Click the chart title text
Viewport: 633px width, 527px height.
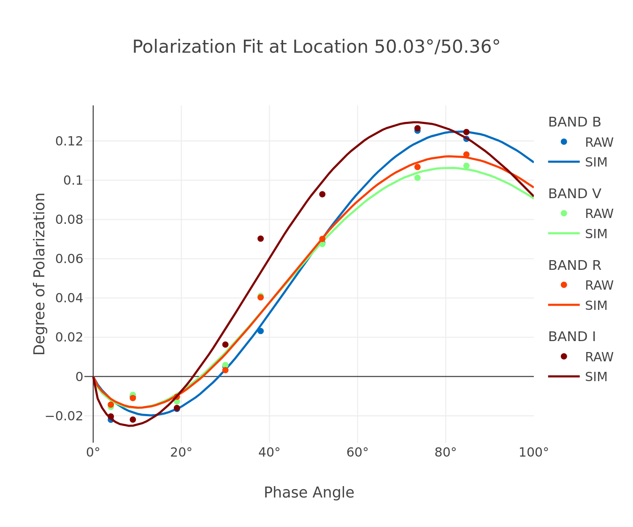316,47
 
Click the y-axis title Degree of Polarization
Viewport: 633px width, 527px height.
39,274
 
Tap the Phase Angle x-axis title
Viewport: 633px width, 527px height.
309,492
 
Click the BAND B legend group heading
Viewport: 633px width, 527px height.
574,122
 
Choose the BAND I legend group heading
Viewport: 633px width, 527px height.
572,337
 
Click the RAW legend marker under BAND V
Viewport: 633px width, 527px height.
564,213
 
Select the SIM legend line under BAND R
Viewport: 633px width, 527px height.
564,305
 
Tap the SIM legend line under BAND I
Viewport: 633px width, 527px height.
564,376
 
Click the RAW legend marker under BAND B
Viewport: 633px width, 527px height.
564,142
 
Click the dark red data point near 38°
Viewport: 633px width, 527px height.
260,239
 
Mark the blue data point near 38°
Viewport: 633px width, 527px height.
260,331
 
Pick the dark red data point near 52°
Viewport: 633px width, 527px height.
322,194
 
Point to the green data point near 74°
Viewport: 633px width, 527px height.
417,178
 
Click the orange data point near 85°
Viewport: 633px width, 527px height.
466,155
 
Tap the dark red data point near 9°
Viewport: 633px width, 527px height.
133,419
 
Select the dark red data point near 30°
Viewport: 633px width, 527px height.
225,344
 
